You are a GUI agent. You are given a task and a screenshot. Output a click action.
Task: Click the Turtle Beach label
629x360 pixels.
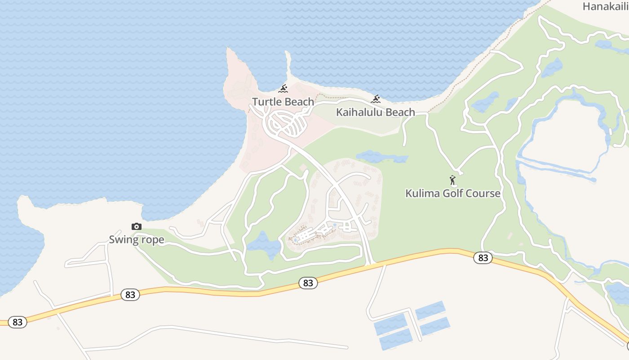(283, 102)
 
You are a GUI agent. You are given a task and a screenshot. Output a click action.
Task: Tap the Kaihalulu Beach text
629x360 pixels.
(376, 112)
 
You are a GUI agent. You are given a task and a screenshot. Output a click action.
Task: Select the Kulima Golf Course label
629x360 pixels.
(453, 193)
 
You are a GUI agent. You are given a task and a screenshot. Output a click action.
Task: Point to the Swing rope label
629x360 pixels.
(137, 239)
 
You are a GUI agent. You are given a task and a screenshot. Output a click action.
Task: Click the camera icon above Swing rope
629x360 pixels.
(137, 226)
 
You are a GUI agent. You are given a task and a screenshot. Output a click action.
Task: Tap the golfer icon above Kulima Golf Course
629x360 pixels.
(452, 180)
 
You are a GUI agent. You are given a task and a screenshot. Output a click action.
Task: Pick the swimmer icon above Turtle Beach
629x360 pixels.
(283, 89)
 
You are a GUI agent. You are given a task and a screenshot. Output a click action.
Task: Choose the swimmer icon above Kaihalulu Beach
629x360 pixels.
(376, 99)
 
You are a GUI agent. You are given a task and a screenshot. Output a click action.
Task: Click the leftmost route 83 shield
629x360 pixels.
(18, 322)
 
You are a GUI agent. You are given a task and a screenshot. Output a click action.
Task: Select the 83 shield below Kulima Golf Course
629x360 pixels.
(483, 258)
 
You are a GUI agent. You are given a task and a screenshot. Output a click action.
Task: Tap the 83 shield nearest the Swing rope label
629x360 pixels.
(130, 295)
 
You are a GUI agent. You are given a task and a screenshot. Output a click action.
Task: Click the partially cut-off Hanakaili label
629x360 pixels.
(605, 6)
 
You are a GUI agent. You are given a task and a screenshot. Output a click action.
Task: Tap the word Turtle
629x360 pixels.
(267, 102)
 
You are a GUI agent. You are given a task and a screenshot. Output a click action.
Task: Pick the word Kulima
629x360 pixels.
(423, 193)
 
